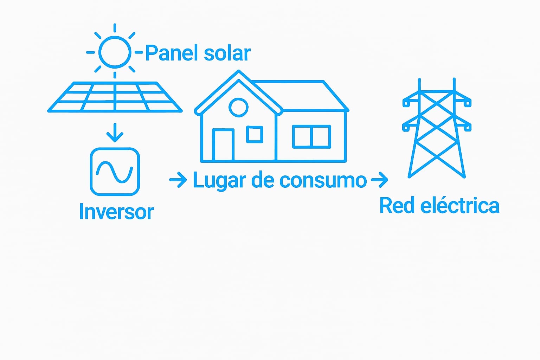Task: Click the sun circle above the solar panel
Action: pos(115,52)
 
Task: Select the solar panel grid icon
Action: pos(115,97)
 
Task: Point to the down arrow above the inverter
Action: pos(115,133)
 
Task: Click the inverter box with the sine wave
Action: pos(115,172)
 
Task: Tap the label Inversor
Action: pos(116,212)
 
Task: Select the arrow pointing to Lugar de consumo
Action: pos(178,180)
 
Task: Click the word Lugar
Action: pos(219,181)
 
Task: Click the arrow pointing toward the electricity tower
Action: pos(379,180)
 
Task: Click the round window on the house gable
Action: pos(238,107)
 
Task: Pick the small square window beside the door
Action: pos(255,134)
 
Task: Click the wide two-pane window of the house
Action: pos(311,136)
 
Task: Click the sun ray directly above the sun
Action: pos(115,28)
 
